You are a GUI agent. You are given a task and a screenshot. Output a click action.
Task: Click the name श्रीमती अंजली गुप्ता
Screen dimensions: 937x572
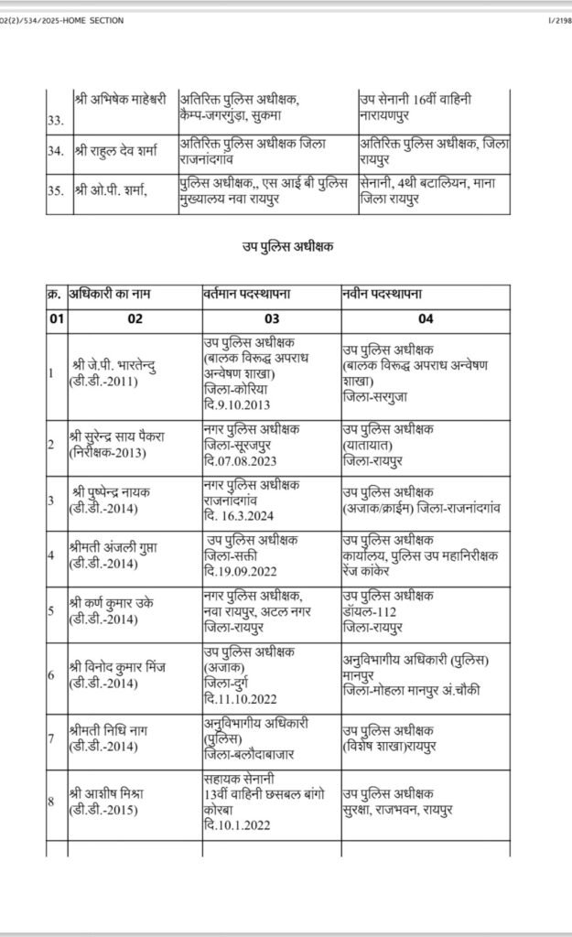(x=119, y=548)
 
